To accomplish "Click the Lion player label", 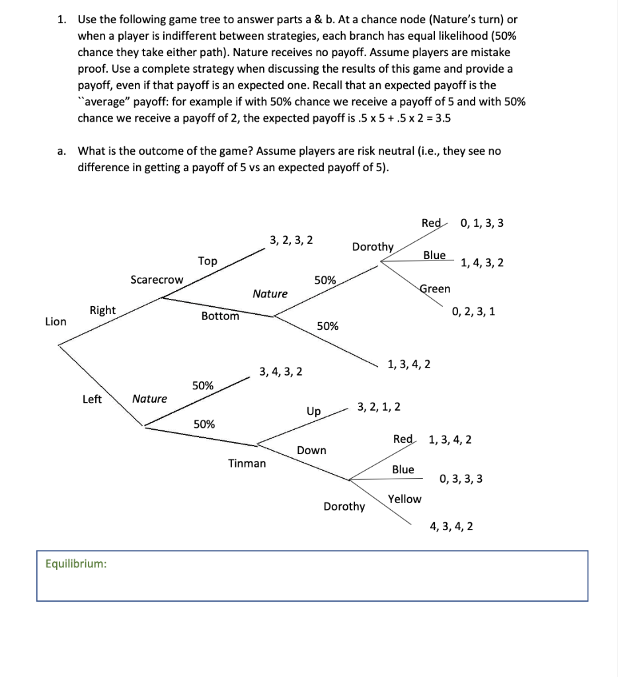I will click(x=56, y=321).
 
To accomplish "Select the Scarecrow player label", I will click(x=157, y=280).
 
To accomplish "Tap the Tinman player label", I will click(x=247, y=463).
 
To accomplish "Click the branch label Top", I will click(x=208, y=261).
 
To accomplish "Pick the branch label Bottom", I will click(x=220, y=316).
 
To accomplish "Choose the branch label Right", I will click(x=102, y=310).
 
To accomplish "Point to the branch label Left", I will click(x=92, y=399).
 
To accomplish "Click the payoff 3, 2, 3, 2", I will click(x=291, y=239).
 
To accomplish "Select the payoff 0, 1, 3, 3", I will click(x=482, y=223).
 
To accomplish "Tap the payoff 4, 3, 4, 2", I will click(x=451, y=527).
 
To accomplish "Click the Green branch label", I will click(x=435, y=288).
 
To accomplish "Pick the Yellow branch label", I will click(x=405, y=499).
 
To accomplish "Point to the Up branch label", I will click(x=313, y=411).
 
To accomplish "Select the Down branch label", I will click(x=311, y=450).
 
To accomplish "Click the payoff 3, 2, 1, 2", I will click(x=379, y=405).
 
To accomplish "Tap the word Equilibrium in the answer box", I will click(x=75, y=563).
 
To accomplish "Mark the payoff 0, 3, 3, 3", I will click(x=461, y=479).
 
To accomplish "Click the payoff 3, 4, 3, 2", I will click(x=282, y=372).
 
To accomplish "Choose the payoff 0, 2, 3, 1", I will click(x=473, y=311).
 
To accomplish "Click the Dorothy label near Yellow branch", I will click(x=344, y=506).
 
